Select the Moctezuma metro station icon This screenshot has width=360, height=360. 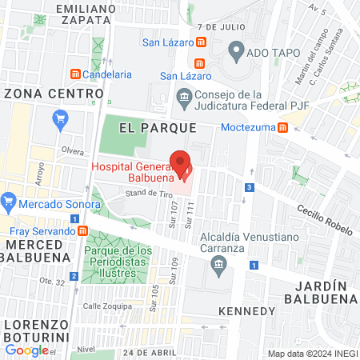(x=282, y=127)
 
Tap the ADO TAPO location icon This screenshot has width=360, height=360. (x=235, y=53)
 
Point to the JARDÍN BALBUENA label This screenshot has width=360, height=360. (x=323, y=291)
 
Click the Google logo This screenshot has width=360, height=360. (x=26, y=350)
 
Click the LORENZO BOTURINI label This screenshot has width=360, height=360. (x=39, y=324)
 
